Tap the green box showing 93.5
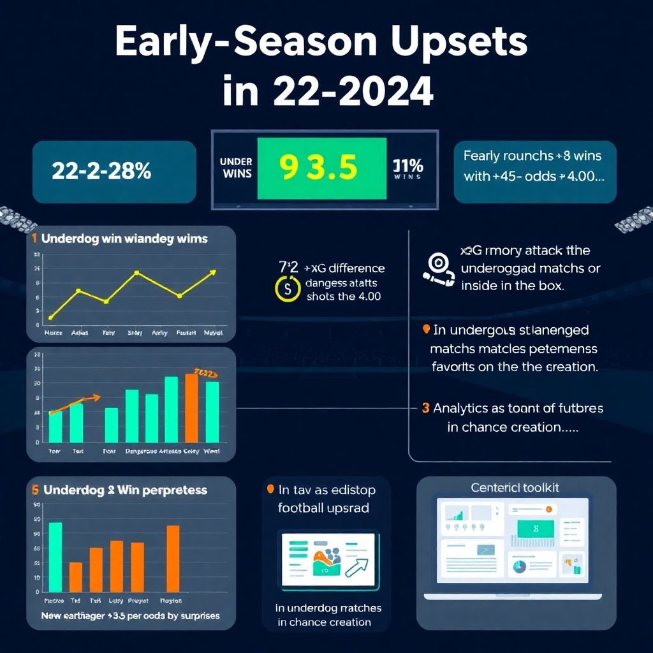point(321,168)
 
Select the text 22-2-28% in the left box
point(101,171)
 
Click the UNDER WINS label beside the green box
point(235,168)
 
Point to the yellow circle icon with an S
point(287,288)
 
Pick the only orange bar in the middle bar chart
point(191,407)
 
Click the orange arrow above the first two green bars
point(75,403)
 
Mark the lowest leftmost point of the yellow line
point(51,317)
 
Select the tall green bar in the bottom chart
point(55,557)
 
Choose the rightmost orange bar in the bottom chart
point(173,559)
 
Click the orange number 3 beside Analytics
point(425,408)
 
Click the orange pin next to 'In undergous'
point(425,329)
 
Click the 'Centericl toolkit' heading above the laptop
point(515,487)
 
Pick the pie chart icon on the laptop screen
point(520,566)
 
